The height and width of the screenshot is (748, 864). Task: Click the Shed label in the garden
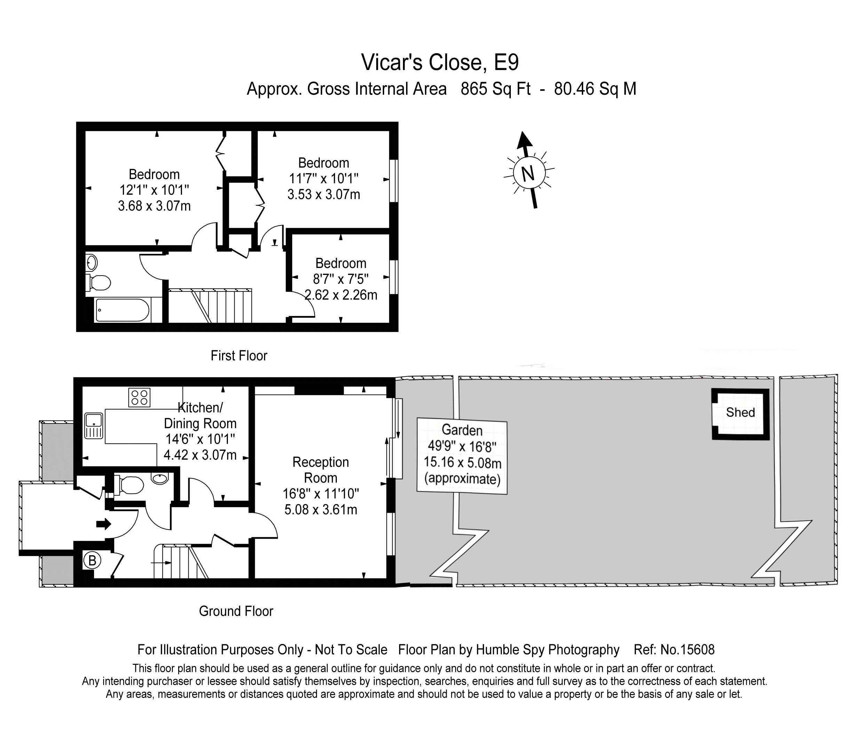click(740, 412)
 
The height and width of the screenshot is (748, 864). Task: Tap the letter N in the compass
click(529, 173)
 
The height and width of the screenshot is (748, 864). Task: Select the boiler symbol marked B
click(92, 560)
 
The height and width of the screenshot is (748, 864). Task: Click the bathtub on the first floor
click(122, 310)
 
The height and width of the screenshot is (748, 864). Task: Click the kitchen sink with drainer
click(94, 426)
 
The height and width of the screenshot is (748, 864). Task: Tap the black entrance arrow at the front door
click(103, 524)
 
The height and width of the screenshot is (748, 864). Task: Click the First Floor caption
click(239, 356)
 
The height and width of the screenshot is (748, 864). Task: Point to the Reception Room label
click(320, 470)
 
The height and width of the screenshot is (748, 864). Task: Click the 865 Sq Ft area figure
click(496, 89)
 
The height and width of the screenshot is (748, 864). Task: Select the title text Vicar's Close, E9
click(440, 62)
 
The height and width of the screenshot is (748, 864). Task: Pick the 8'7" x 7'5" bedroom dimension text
click(341, 279)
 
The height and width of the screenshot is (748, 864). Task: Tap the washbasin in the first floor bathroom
click(92, 263)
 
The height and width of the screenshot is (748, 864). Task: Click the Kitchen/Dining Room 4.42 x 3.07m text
click(200, 455)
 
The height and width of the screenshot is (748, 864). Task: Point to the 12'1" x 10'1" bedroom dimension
click(154, 190)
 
